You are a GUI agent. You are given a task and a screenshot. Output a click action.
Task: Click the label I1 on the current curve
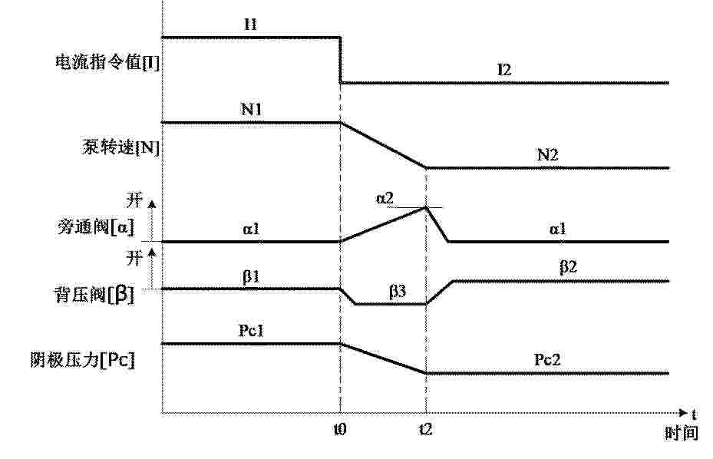[x=250, y=24]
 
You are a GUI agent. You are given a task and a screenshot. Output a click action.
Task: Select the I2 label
[x=504, y=70]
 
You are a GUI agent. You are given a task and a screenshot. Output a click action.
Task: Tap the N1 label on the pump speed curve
[x=251, y=110]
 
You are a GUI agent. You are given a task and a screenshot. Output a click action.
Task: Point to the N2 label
[x=547, y=155]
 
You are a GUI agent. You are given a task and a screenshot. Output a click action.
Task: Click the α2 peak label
[x=385, y=199]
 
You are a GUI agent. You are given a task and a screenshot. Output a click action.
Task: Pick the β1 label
[x=250, y=276]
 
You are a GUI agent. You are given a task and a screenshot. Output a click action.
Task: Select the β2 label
[x=568, y=266]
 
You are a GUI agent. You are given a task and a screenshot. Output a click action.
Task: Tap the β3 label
[x=397, y=291]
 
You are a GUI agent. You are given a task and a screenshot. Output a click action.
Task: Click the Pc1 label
[x=251, y=331]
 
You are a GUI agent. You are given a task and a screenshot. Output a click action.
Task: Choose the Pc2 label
[x=546, y=360]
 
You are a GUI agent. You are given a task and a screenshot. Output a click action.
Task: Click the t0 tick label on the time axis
[x=340, y=429]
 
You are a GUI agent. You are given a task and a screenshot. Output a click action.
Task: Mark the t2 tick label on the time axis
[x=426, y=429]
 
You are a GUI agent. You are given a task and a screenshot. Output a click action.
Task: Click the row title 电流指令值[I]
[x=107, y=62]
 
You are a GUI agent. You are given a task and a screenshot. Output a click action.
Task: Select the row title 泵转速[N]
[x=121, y=147]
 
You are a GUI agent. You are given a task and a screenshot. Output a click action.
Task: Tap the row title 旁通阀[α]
[x=96, y=227]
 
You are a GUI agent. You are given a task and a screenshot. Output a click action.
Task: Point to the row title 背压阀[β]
[x=94, y=296]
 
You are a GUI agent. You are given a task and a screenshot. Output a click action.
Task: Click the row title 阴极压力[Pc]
[x=83, y=360]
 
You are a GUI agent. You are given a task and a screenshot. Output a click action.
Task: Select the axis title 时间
[x=682, y=433]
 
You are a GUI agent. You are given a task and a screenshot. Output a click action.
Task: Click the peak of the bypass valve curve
[x=426, y=207]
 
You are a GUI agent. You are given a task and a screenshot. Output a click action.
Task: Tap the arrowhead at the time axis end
[x=683, y=413]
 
